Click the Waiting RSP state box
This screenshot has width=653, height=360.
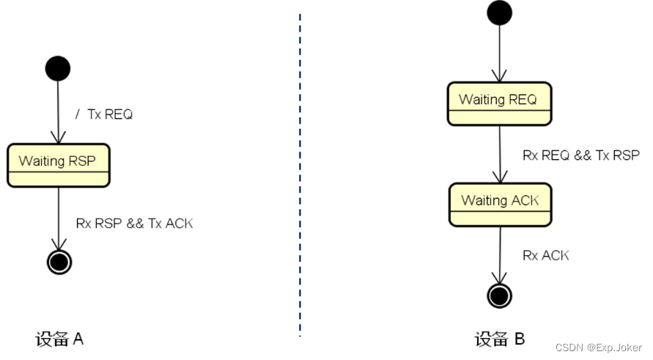58,165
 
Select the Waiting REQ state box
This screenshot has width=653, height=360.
498,103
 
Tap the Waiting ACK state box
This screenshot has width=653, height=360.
499,205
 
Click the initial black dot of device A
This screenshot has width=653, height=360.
58,68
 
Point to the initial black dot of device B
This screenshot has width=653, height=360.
499,12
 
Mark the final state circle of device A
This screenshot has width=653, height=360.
59,262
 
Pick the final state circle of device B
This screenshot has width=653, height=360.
499,295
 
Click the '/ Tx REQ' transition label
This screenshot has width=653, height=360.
104,114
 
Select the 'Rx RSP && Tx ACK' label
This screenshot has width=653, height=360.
134,223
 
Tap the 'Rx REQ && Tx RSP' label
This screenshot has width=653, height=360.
580,155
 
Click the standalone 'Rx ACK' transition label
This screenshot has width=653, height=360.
545,255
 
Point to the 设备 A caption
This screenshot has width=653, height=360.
59,339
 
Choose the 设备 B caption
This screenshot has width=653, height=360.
499,339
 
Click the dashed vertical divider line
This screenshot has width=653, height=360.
300,176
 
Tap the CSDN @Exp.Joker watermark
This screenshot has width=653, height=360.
599,347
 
